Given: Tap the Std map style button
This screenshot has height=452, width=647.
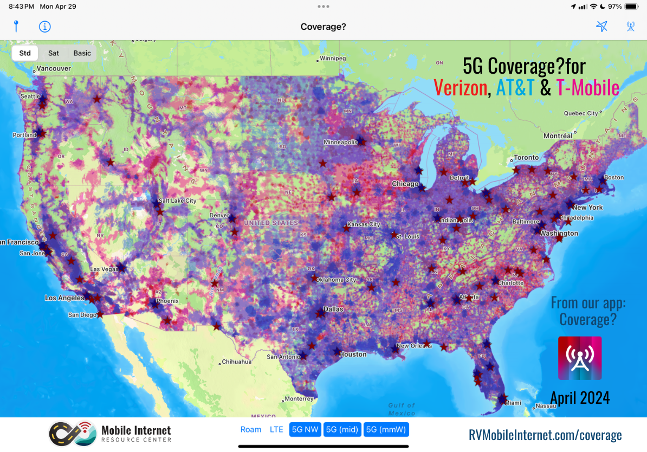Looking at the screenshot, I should pos(25,53).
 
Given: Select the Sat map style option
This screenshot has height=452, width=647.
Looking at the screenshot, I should pos(54,53).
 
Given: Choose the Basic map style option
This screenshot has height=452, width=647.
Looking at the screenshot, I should pos(82,53).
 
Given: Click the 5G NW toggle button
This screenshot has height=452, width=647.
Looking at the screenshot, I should pos(305,430).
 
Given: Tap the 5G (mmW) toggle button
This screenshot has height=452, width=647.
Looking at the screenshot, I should pos(386,430).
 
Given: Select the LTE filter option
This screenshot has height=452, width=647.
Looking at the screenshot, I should pos(276,430).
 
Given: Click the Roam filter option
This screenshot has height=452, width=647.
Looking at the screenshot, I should pos(251,430).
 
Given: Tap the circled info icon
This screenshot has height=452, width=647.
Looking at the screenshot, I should pos(44,27).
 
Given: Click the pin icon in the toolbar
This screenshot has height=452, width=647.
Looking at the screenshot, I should pos(16,26).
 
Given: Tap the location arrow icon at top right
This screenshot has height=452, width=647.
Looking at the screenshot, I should pos(601,27).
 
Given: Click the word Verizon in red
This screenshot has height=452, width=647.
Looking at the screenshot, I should pos(460,87).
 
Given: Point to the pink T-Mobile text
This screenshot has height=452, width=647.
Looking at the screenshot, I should pos(587,87).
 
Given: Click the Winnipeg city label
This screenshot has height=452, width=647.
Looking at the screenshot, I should pos(333,58).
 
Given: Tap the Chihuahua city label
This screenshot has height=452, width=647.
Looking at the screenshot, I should pos(237,361).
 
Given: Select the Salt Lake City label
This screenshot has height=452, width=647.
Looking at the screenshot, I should pos(177,201).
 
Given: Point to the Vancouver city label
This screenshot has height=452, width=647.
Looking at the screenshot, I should pos(54,69).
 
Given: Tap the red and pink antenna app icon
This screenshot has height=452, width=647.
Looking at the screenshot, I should pos(580,358).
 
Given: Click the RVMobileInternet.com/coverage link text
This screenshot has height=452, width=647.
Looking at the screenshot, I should pos(545,435).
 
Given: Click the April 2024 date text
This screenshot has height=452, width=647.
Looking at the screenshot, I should pos(580,398).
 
